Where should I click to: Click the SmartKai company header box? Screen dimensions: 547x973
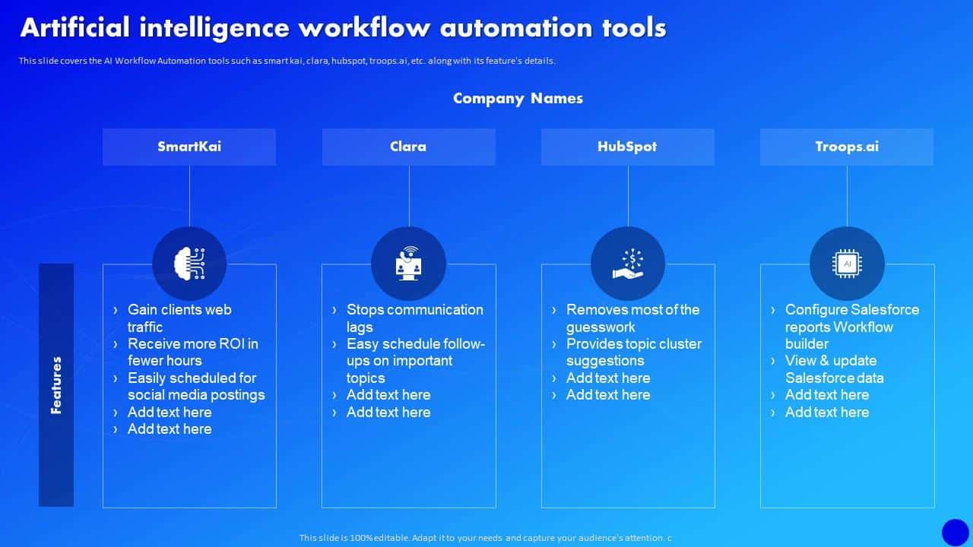189,147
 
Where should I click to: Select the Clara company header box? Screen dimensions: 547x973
408,147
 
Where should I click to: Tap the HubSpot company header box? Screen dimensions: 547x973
627,147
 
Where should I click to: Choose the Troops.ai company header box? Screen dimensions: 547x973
846,147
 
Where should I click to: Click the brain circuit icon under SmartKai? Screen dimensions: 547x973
189,263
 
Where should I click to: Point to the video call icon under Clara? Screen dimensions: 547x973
408,263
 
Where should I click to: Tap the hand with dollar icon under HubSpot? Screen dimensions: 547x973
628,263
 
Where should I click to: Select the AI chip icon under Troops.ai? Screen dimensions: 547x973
847,263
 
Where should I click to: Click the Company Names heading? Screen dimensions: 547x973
518,98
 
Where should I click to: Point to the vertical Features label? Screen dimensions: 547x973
56,384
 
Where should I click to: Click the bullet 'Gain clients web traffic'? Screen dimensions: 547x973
179,318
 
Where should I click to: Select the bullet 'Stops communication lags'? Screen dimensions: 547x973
414,318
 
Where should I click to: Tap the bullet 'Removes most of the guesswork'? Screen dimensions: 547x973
632,318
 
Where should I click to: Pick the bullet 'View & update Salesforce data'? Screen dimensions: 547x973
834,369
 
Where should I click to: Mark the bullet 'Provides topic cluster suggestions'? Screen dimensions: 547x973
633,352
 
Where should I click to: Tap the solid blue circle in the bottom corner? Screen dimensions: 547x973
956,532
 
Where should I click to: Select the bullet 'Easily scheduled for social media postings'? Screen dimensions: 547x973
196,386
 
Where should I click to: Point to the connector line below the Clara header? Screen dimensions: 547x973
409,195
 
